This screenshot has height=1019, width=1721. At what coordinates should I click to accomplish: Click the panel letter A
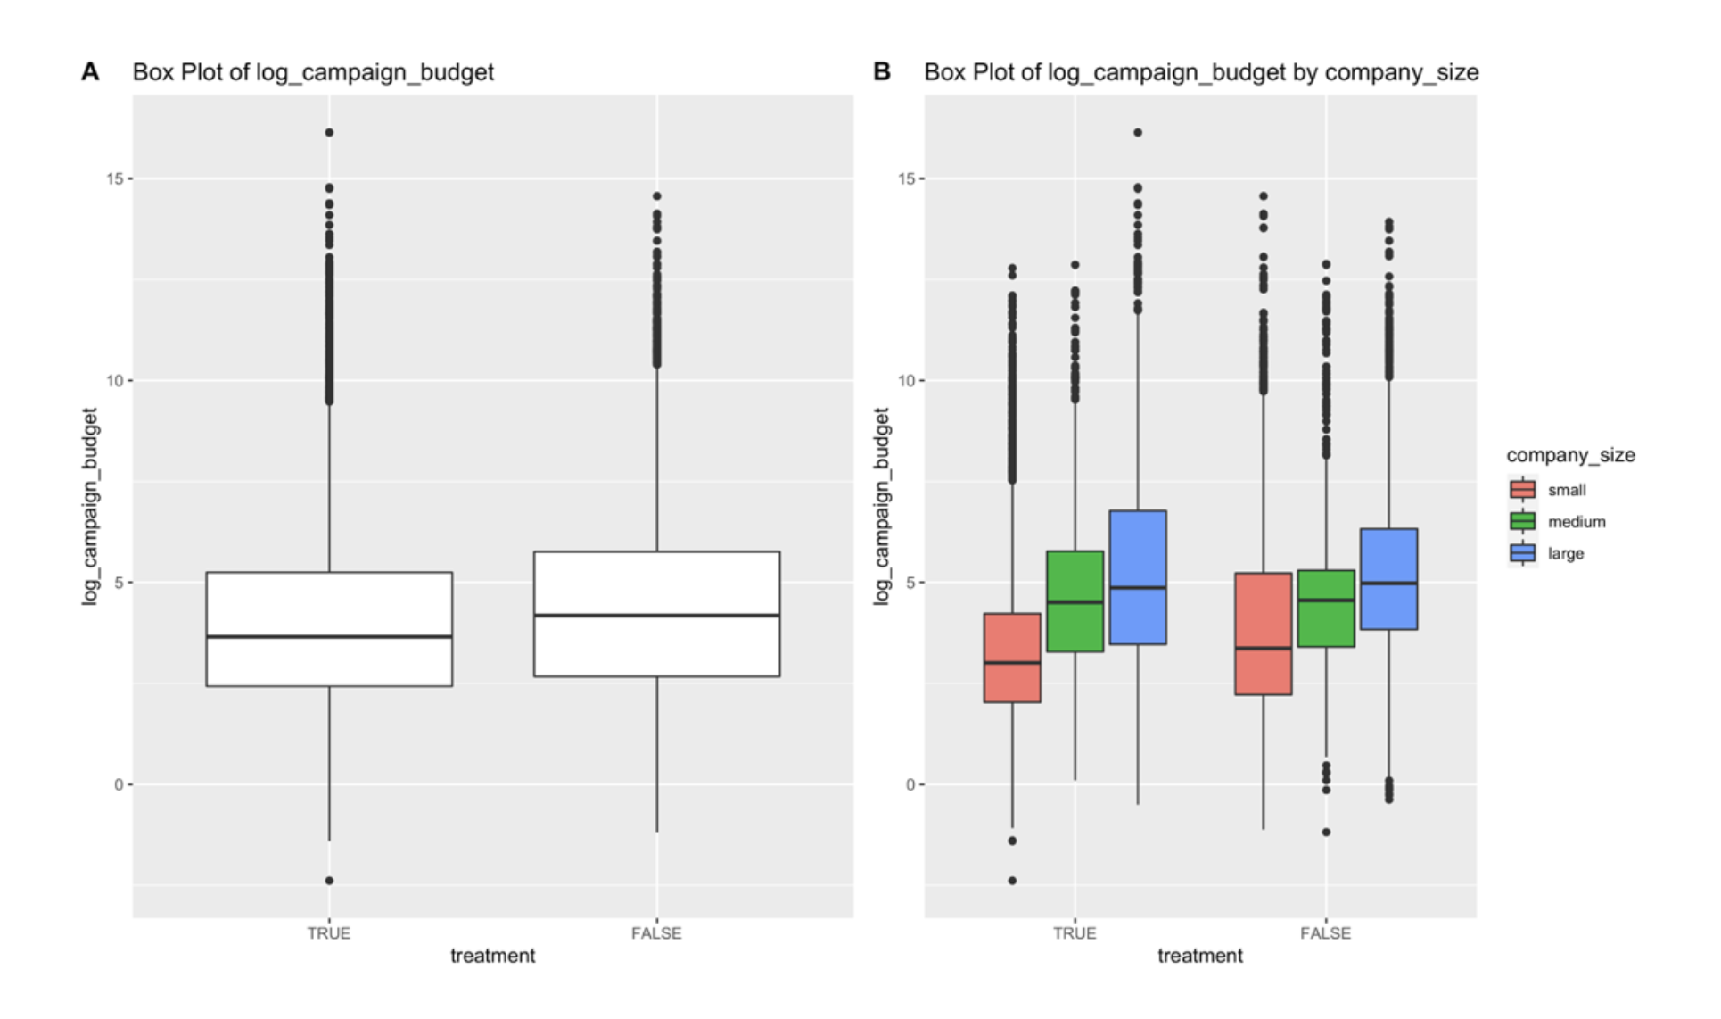coord(90,71)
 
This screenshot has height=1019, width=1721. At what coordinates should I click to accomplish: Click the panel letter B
coord(881,71)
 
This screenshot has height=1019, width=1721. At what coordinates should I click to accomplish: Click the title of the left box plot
coord(313,72)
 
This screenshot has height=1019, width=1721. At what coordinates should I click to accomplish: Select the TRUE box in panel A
coord(329,629)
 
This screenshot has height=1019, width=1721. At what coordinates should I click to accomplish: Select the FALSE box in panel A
coord(656,614)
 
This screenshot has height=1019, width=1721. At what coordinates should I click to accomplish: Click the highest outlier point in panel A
coord(329,132)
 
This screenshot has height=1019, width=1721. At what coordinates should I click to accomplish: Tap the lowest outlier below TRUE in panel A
coord(329,881)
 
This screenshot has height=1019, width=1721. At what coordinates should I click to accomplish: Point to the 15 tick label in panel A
coord(115,178)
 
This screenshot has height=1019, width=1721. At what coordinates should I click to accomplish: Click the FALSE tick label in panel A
coord(656,933)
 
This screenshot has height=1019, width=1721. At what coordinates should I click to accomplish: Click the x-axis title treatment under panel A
coord(492,956)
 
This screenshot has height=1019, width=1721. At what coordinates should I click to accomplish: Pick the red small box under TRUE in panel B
coord(1012,658)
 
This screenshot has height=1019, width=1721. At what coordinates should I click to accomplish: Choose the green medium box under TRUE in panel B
coord(1075,601)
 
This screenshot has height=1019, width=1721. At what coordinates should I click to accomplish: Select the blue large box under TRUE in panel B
coord(1138,577)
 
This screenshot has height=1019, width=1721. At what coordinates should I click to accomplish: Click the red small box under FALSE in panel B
coord(1263,634)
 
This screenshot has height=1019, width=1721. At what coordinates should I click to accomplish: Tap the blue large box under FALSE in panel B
coord(1388,579)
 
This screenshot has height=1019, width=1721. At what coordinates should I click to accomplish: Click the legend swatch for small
coord(1523,490)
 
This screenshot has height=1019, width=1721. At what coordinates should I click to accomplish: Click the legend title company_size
coord(1570,455)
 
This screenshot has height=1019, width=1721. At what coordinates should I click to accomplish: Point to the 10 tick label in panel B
coord(906,381)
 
